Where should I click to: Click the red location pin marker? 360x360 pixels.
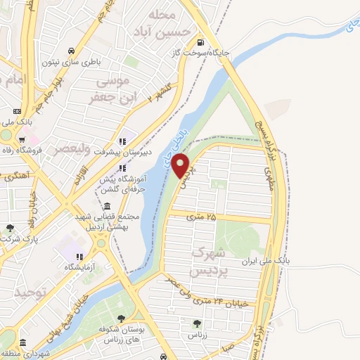click(x=181, y=165)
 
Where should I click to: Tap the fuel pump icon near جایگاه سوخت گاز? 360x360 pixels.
click(x=203, y=41)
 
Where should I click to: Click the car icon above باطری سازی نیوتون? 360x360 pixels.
click(x=72, y=51)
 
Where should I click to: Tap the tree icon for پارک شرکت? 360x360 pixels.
click(x=9, y=228)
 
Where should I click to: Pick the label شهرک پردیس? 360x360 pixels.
click(x=210, y=260)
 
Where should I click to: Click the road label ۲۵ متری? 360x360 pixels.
click(x=202, y=218)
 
